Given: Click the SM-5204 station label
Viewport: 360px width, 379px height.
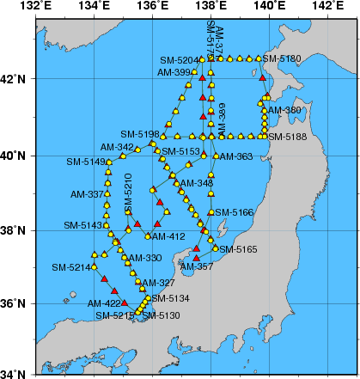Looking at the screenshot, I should (x=179, y=60).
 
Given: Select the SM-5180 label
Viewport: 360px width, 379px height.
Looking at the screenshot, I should (x=283, y=58).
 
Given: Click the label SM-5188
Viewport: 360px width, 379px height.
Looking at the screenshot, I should (x=286, y=136).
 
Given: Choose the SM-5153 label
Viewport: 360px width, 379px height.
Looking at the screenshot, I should (x=180, y=151).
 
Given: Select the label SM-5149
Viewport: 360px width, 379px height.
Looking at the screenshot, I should (x=84, y=162).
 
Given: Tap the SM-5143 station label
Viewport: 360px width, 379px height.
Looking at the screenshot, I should (x=82, y=225).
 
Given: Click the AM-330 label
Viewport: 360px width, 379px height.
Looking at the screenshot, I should (x=144, y=258).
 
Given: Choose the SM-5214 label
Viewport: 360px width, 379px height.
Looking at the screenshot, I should (x=70, y=268).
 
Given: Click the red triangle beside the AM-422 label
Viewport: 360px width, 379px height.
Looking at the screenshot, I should (x=125, y=303).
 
